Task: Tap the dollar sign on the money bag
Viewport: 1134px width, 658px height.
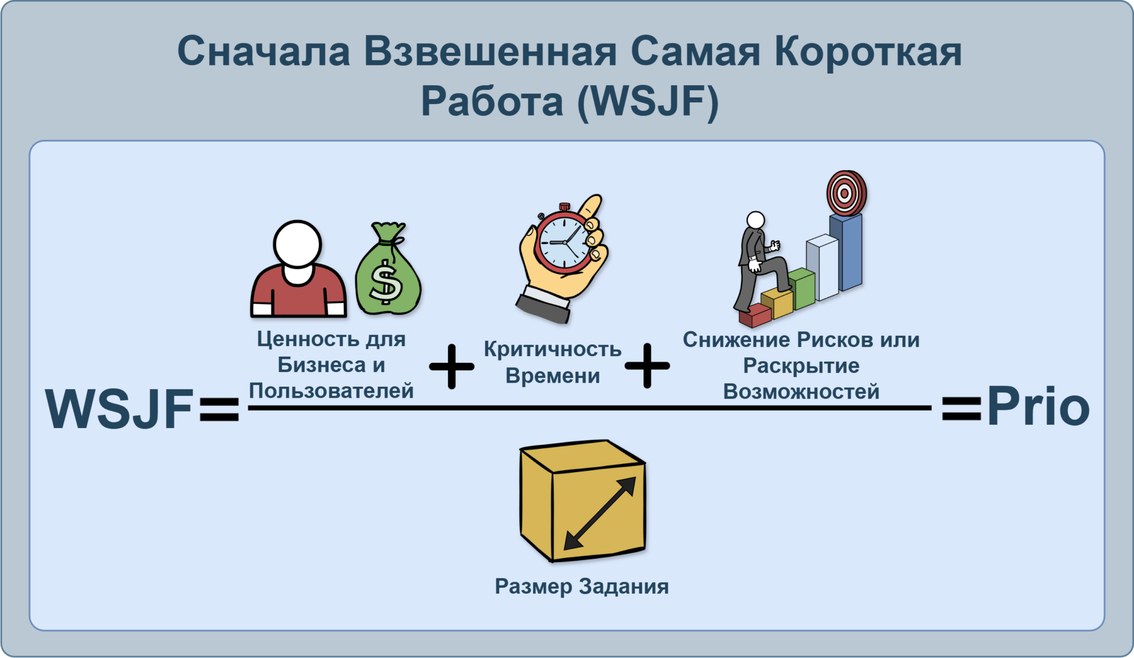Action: pyautogui.click(x=386, y=282)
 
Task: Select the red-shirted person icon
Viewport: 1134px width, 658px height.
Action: pyautogui.click(x=298, y=269)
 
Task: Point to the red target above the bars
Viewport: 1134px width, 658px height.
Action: pyautogui.click(x=846, y=193)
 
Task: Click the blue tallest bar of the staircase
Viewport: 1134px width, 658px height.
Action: pyautogui.click(x=846, y=252)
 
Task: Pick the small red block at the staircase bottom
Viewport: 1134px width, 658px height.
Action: pyautogui.click(x=754, y=315)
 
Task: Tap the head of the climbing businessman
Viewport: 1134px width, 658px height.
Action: pyautogui.click(x=755, y=220)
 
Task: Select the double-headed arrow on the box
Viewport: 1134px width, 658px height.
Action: pyautogui.click(x=600, y=513)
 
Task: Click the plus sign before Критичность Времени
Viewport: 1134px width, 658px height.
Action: pyautogui.click(x=452, y=366)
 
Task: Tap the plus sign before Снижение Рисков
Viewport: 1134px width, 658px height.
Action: pyautogui.click(x=647, y=366)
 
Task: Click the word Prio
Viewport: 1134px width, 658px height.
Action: pyautogui.click(x=1038, y=408)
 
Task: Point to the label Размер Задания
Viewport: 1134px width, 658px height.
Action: pyautogui.click(x=582, y=587)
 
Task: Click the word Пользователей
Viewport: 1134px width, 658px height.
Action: pyautogui.click(x=331, y=391)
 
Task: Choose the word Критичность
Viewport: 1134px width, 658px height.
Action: pyautogui.click(x=553, y=349)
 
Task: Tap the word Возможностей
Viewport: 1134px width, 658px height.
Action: pyautogui.click(x=801, y=392)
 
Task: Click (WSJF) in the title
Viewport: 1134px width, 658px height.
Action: pyautogui.click(x=648, y=101)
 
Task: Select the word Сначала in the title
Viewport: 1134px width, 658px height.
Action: pyautogui.click(x=264, y=51)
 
